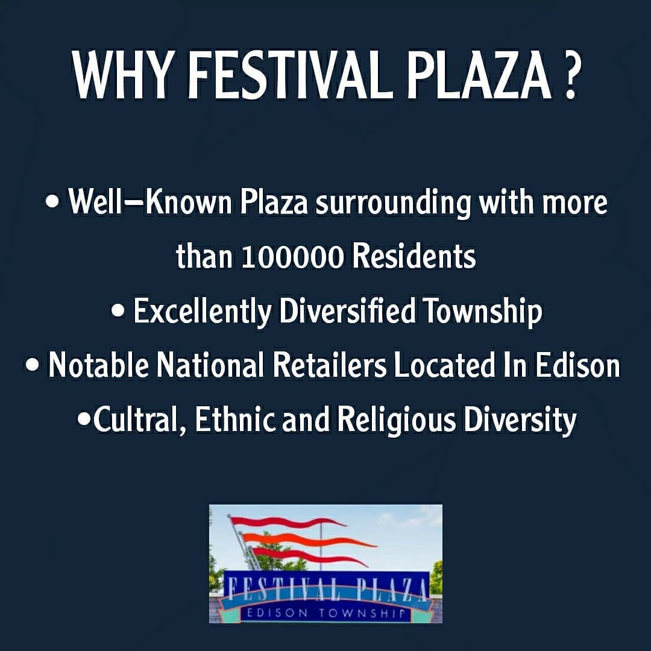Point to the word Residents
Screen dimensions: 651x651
coord(414,256)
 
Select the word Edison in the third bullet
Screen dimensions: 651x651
coord(577,365)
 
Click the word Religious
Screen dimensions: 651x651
coord(396,420)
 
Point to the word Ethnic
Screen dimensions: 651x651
coord(234,420)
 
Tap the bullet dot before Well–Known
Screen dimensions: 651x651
coord(52,203)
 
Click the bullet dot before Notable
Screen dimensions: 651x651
coord(32,365)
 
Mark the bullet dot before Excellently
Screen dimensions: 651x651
coord(118,312)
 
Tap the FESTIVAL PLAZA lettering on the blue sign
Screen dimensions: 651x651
coord(327,590)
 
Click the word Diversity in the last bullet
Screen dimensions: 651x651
coord(520,420)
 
